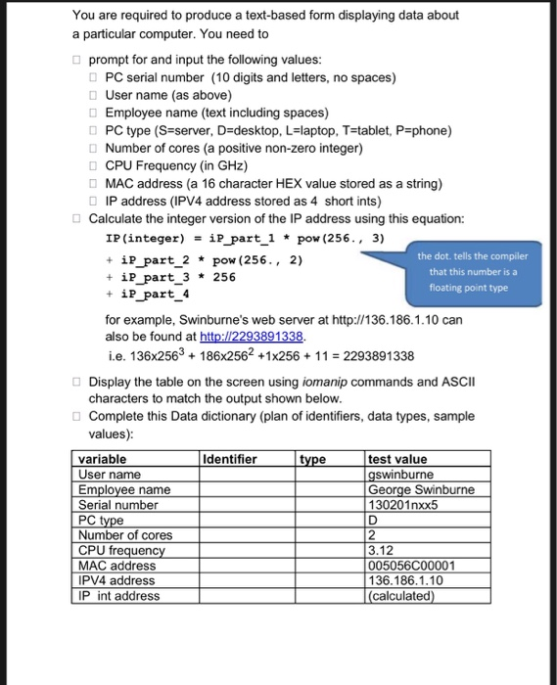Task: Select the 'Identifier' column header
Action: [229, 459]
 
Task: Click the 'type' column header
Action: [313, 459]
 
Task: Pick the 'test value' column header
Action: [397, 459]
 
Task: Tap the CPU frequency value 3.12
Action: [381, 550]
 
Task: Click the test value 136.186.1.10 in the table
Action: [402, 580]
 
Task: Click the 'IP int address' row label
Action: [118, 595]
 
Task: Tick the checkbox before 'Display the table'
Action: [77, 383]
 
